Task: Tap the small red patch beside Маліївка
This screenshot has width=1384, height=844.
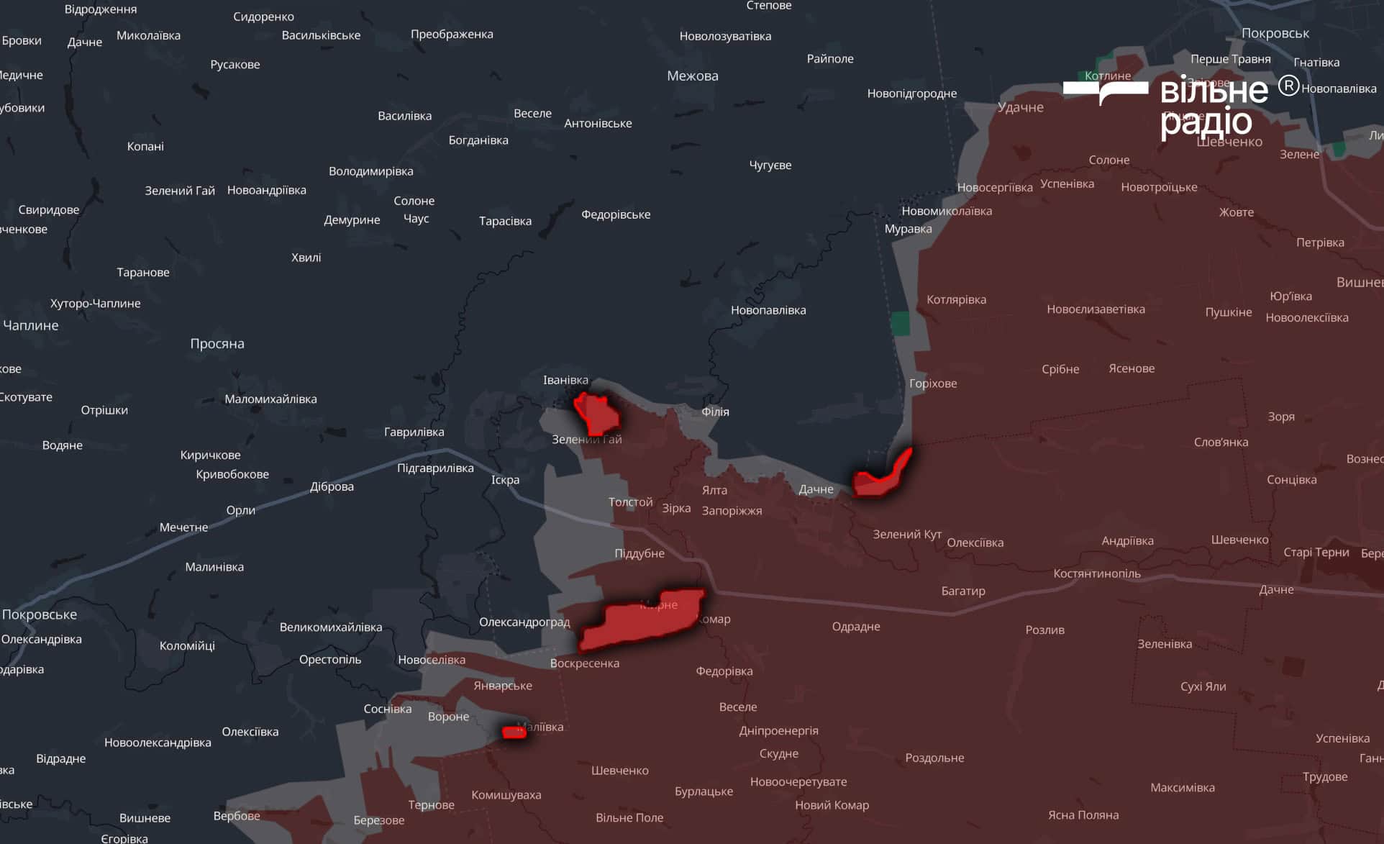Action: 514,732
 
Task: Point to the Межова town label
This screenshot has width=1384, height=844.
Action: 692,76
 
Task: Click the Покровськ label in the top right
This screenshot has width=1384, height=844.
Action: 1275,33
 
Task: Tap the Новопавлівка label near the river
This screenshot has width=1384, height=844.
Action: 768,310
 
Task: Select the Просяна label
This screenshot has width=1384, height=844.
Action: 217,343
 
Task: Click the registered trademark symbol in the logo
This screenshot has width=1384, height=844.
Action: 1288,86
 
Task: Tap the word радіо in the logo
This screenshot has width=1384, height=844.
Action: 1206,122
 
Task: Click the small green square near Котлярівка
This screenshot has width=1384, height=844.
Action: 900,324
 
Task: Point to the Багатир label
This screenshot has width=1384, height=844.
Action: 962,591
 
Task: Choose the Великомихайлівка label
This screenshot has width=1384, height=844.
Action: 330,627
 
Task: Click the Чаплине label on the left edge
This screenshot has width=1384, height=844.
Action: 30,325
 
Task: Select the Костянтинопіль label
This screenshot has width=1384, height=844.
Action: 1096,573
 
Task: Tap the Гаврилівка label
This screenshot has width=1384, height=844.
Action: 414,432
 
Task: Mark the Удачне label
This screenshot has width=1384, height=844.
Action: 1020,107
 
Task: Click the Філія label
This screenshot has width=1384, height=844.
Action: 715,412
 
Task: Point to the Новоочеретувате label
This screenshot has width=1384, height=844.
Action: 798,781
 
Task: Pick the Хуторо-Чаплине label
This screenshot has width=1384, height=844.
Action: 95,303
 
